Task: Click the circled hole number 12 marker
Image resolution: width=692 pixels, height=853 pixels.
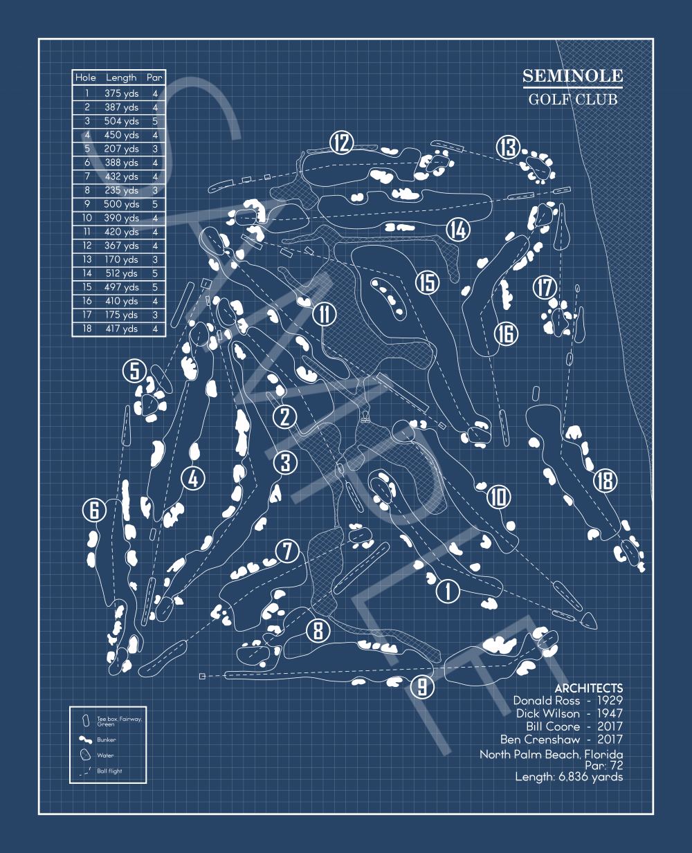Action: coord(341,143)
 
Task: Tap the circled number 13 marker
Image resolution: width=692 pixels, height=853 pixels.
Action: coord(508,147)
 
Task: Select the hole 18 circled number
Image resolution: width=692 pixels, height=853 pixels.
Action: coord(605,480)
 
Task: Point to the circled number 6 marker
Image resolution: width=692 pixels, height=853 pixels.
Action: coord(95,511)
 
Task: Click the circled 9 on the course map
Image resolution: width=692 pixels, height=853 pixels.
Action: coord(421,687)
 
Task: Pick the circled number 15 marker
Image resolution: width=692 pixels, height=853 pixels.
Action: coord(428,282)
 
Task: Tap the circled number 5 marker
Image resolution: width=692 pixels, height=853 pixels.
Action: coord(135,371)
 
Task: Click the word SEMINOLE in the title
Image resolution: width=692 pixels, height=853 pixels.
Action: coord(572,76)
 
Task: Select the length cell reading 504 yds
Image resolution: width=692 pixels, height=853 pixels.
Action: coord(122,121)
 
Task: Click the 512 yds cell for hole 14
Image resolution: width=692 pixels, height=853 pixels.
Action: coord(122,273)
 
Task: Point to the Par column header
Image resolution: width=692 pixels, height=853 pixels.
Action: coord(154,78)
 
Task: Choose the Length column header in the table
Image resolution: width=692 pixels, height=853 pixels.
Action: coord(121,78)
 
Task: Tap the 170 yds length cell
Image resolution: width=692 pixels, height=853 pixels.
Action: coord(122,259)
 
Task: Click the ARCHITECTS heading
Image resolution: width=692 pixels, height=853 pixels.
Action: coord(588,688)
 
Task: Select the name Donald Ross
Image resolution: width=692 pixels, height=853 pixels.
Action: coord(546,701)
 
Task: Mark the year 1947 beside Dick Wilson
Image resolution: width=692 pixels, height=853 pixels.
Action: coord(610,713)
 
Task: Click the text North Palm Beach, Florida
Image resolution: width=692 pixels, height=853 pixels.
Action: coord(551,754)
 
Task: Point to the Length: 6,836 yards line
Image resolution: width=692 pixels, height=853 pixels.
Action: coord(569,777)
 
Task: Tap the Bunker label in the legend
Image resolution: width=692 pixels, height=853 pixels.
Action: coord(107,740)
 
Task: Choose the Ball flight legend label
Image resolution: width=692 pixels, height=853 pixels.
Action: coord(109,771)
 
